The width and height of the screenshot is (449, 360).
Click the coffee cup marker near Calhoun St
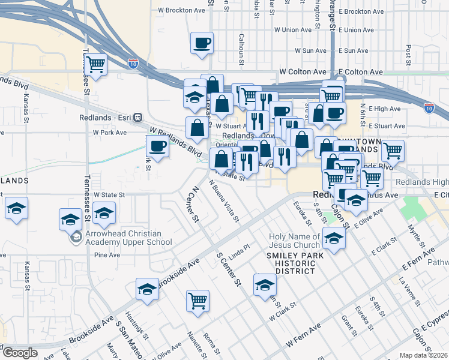pyautogui.click(x=202, y=43)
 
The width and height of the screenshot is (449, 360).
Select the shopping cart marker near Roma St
pyautogui.click(x=197, y=301)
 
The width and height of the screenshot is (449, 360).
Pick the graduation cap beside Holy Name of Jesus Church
pyautogui.click(x=334, y=238)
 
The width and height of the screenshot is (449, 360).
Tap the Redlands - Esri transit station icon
pyautogui.click(x=137, y=118)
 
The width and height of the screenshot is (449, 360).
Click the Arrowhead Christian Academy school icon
pyautogui.click(x=76, y=238)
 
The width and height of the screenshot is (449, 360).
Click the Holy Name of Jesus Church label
pyautogui.click(x=295, y=241)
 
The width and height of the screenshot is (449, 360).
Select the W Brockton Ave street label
pyautogui.click(x=181, y=10)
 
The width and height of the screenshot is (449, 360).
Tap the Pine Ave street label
pyautogui.click(x=107, y=255)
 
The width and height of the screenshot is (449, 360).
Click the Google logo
pyautogui.click(x=20, y=353)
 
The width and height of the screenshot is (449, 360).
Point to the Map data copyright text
pyautogui.click(x=423, y=355)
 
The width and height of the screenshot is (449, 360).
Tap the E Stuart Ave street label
pyautogui.click(x=387, y=126)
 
